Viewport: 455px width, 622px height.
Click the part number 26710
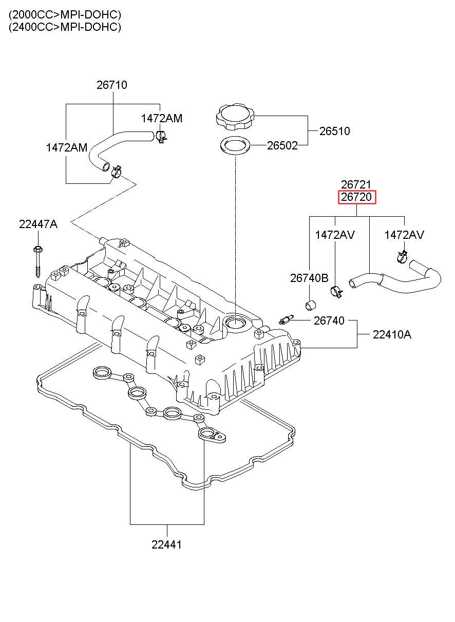(x=111, y=85)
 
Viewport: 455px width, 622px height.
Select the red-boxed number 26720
(x=356, y=197)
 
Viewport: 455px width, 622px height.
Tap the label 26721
(x=356, y=184)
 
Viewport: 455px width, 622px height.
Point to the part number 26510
(x=334, y=131)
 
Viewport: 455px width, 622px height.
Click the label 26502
(x=282, y=145)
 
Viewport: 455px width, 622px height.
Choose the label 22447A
(x=39, y=224)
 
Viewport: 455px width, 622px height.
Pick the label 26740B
(x=309, y=278)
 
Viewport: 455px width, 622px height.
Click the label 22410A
(x=392, y=334)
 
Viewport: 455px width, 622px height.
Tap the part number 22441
(x=166, y=545)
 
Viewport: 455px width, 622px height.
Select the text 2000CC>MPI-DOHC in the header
(x=65, y=14)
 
